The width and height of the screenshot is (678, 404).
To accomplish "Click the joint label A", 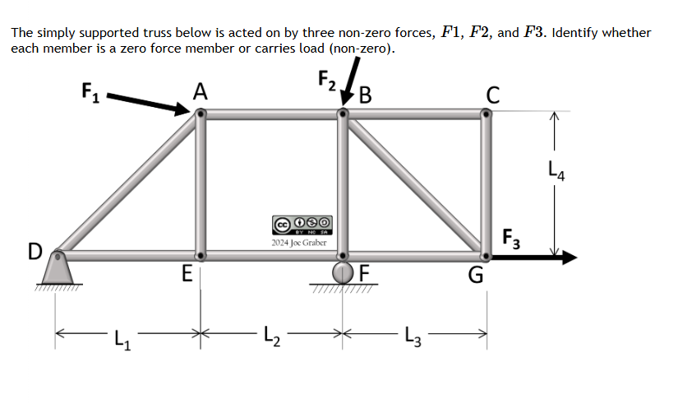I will click(x=199, y=91).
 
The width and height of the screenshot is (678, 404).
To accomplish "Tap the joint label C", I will click(x=491, y=95).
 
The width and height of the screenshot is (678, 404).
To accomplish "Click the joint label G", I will click(x=476, y=275).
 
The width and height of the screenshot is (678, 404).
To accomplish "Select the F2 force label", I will click(x=326, y=81).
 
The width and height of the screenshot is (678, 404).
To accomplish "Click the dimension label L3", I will click(x=417, y=336).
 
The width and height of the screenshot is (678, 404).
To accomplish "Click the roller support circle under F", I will click(x=343, y=272).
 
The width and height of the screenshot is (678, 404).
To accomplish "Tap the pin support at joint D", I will click(x=57, y=267).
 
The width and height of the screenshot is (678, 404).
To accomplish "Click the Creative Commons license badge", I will click(x=300, y=224).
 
